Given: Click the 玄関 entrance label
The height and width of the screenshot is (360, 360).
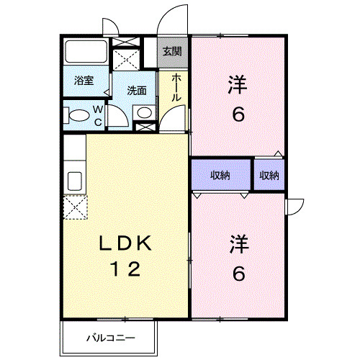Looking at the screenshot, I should pyautogui.click(x=171, y=52).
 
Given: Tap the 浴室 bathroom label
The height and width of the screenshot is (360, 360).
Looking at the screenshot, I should pyautogui.click(x=84, y=81).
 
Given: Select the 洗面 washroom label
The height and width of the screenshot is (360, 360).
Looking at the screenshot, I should pyautogui.click(x=137, y=91).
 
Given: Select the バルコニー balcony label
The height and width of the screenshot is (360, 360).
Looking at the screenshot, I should pyautogui.click(x=109, y=336).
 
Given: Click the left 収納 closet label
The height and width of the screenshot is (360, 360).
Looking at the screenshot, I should pyautogui.click(x=220, y=175).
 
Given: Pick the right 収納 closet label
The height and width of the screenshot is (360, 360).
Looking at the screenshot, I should pyautogui.click(x=269, y=175).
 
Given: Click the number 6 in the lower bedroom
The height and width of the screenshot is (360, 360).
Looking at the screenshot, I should pyautogui.click(x=238, y=273).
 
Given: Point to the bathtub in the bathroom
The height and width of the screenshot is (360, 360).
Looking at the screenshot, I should pyautogui.click(x=86, y=53).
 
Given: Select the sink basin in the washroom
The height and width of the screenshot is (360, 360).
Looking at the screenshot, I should pyautogui.click(x=144, y=112).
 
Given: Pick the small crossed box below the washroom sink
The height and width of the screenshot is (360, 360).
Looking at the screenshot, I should pyautogui.click(x=144, y=127).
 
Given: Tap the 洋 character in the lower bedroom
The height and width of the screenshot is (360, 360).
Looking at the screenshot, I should pyautogui.click(x=238, y=244).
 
